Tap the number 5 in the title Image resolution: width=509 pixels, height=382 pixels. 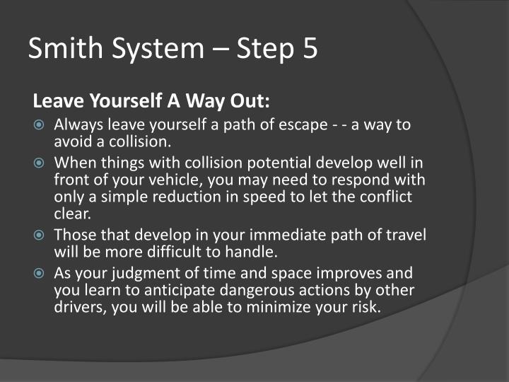click(309, 49)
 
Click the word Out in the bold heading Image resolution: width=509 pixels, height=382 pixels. click(247, 101)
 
